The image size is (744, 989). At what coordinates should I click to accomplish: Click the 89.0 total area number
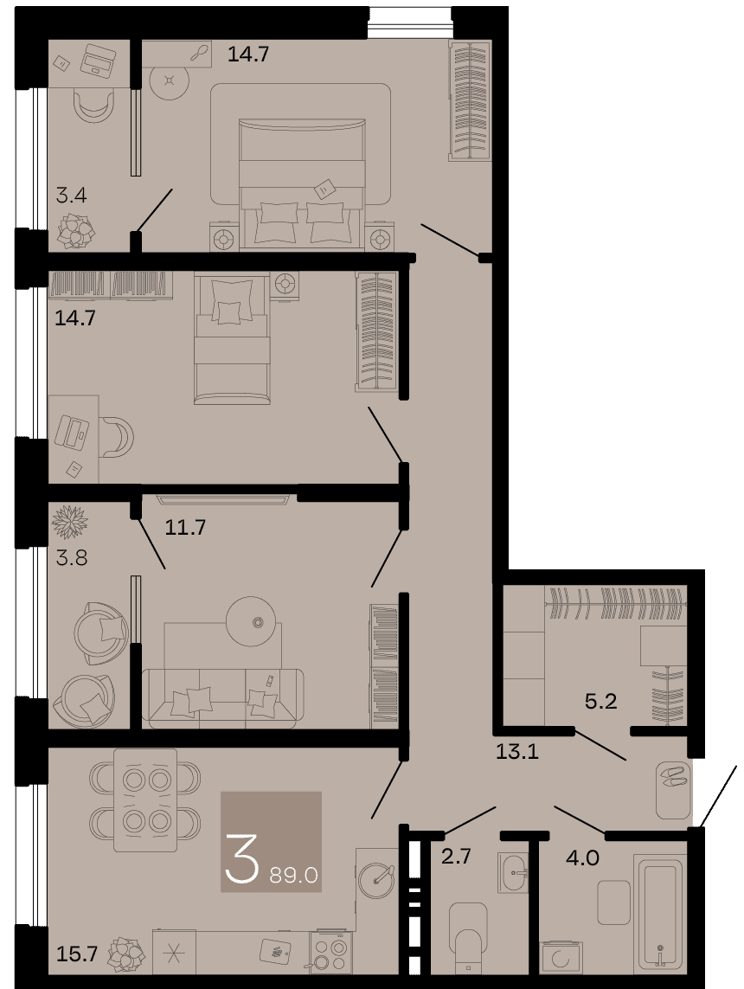point(293,876)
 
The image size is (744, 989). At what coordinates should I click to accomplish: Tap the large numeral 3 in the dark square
point(241,857)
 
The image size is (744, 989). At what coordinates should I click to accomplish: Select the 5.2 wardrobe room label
point(600,701)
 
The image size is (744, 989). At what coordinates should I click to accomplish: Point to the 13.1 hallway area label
point(517,751)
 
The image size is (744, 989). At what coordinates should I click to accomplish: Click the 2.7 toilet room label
point(456,857)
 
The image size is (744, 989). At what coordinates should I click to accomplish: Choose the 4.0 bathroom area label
point(582,857)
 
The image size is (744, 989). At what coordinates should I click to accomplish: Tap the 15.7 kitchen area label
point(76,954)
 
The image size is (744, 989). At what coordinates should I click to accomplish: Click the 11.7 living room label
point(185,526)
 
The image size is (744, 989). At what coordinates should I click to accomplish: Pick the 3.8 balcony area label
point(71,557)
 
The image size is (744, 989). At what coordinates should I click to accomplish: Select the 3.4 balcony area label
point(71,195)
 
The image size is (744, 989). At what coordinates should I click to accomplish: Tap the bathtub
point(659,911)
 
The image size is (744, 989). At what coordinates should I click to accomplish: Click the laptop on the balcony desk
point(98,61)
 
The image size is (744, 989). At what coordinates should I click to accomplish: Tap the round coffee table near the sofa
point(253,621)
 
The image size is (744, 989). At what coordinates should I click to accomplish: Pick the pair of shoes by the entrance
point(672,776)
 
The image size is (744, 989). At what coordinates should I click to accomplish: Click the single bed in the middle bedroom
point(234,337)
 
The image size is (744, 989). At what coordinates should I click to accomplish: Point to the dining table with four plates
point(145,800)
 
